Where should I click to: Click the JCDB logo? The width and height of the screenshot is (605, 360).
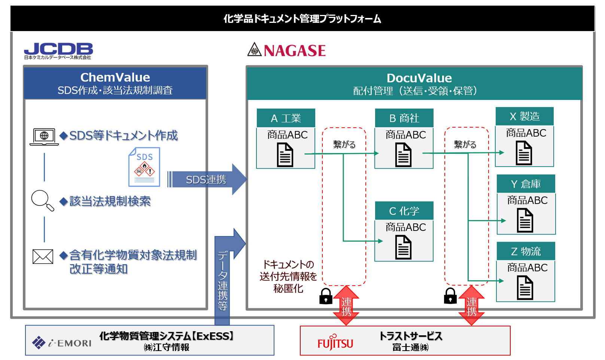tap(58, 51)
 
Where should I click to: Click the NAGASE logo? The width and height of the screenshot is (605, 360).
tap(286, 50)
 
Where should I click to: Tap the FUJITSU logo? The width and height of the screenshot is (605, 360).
tap(335, 342)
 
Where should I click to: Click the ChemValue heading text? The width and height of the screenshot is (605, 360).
tap(115, 77)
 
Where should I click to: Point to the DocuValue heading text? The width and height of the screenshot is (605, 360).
tap(419, 78)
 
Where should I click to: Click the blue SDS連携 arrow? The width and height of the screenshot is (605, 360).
tap(207, 179)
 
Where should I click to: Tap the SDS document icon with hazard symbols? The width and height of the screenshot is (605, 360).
tap(144, 167)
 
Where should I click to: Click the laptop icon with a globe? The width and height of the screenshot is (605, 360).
tap(44, 137)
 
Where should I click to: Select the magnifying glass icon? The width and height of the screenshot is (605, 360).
tap(42, 200)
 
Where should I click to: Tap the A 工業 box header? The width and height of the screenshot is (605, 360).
tap(286, 118)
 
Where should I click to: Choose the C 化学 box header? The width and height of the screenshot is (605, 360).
tap(404, 211)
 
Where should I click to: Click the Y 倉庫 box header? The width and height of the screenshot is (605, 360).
tap(526, 184)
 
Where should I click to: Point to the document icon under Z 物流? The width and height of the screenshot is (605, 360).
tap(525, 288)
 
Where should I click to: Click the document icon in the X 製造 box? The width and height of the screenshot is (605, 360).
tap(524, 153)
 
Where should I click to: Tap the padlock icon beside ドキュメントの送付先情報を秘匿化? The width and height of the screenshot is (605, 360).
tap(326, 296)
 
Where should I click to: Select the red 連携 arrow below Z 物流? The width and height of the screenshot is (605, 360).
tap(472, 305)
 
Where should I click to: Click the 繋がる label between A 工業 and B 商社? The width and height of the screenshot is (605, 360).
tap(344, 144)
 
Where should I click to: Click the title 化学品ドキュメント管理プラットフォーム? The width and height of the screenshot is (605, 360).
tap(302, 19)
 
